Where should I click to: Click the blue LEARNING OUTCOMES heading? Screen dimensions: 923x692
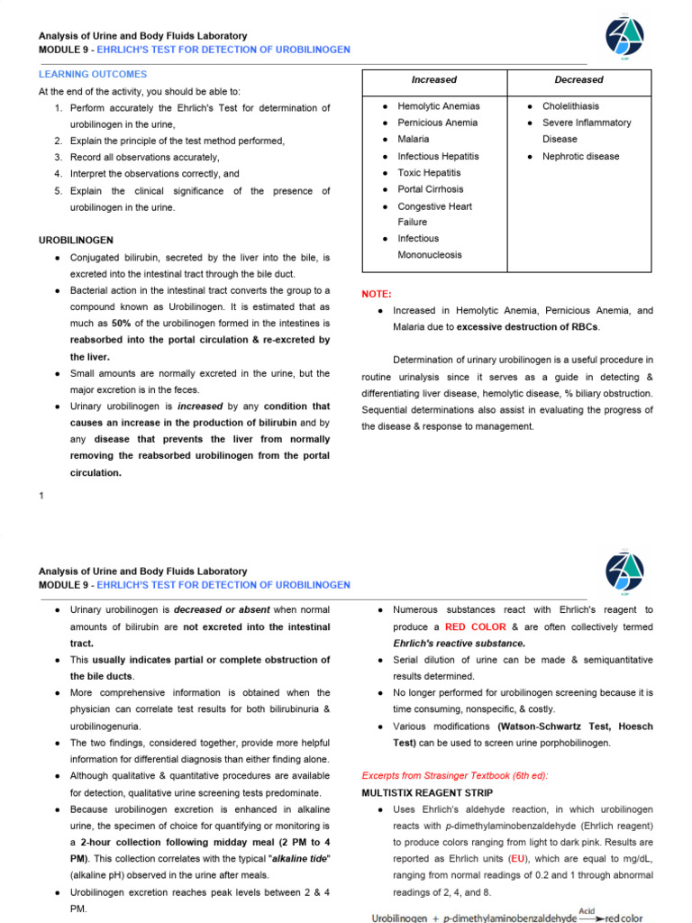coord(93,74)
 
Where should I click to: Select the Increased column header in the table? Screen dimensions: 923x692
coord(434,80)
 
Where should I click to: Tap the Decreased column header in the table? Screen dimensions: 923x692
coord(579,80)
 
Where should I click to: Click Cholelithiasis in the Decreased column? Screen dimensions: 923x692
coord(570,106)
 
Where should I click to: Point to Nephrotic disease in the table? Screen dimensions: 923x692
coord(580,156)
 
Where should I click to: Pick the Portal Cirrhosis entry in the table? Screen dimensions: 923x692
coord(431,189)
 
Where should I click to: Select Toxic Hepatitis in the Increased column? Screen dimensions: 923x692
coord(429,172)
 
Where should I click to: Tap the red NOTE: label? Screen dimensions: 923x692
coord(377,294)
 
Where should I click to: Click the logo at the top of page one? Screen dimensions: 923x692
coord(624,41)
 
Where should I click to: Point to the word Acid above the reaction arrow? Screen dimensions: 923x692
coord(587,910)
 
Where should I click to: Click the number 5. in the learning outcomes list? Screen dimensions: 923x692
coord(58,190)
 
